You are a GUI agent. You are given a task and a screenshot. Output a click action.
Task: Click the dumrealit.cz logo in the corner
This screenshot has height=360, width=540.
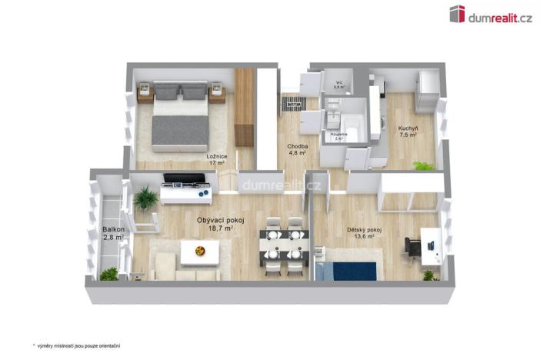coord(490,14)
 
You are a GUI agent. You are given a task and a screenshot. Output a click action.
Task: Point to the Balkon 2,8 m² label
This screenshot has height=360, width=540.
coord(112,233)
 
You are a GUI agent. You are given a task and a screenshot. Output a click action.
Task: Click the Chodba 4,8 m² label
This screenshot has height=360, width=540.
coord(298,149)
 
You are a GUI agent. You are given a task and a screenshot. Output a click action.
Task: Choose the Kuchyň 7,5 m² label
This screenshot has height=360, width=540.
coord(407,131)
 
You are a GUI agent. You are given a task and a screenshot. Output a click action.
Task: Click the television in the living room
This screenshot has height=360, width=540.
coord(187,181)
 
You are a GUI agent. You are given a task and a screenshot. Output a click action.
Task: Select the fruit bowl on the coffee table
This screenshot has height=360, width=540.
coord(200,250)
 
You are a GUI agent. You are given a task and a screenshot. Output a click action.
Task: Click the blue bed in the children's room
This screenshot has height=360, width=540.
coord(346,272)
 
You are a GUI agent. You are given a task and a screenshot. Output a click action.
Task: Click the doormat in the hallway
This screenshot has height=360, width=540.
coord(295,102)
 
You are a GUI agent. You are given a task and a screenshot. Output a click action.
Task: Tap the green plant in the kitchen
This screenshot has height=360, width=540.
coord(422,165)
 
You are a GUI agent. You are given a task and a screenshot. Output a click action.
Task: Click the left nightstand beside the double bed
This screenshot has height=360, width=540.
coord(145,94)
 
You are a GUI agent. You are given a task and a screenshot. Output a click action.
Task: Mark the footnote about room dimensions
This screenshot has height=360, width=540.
coord(76,345)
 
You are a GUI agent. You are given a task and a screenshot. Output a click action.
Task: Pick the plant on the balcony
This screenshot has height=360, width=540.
coord(109,274)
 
